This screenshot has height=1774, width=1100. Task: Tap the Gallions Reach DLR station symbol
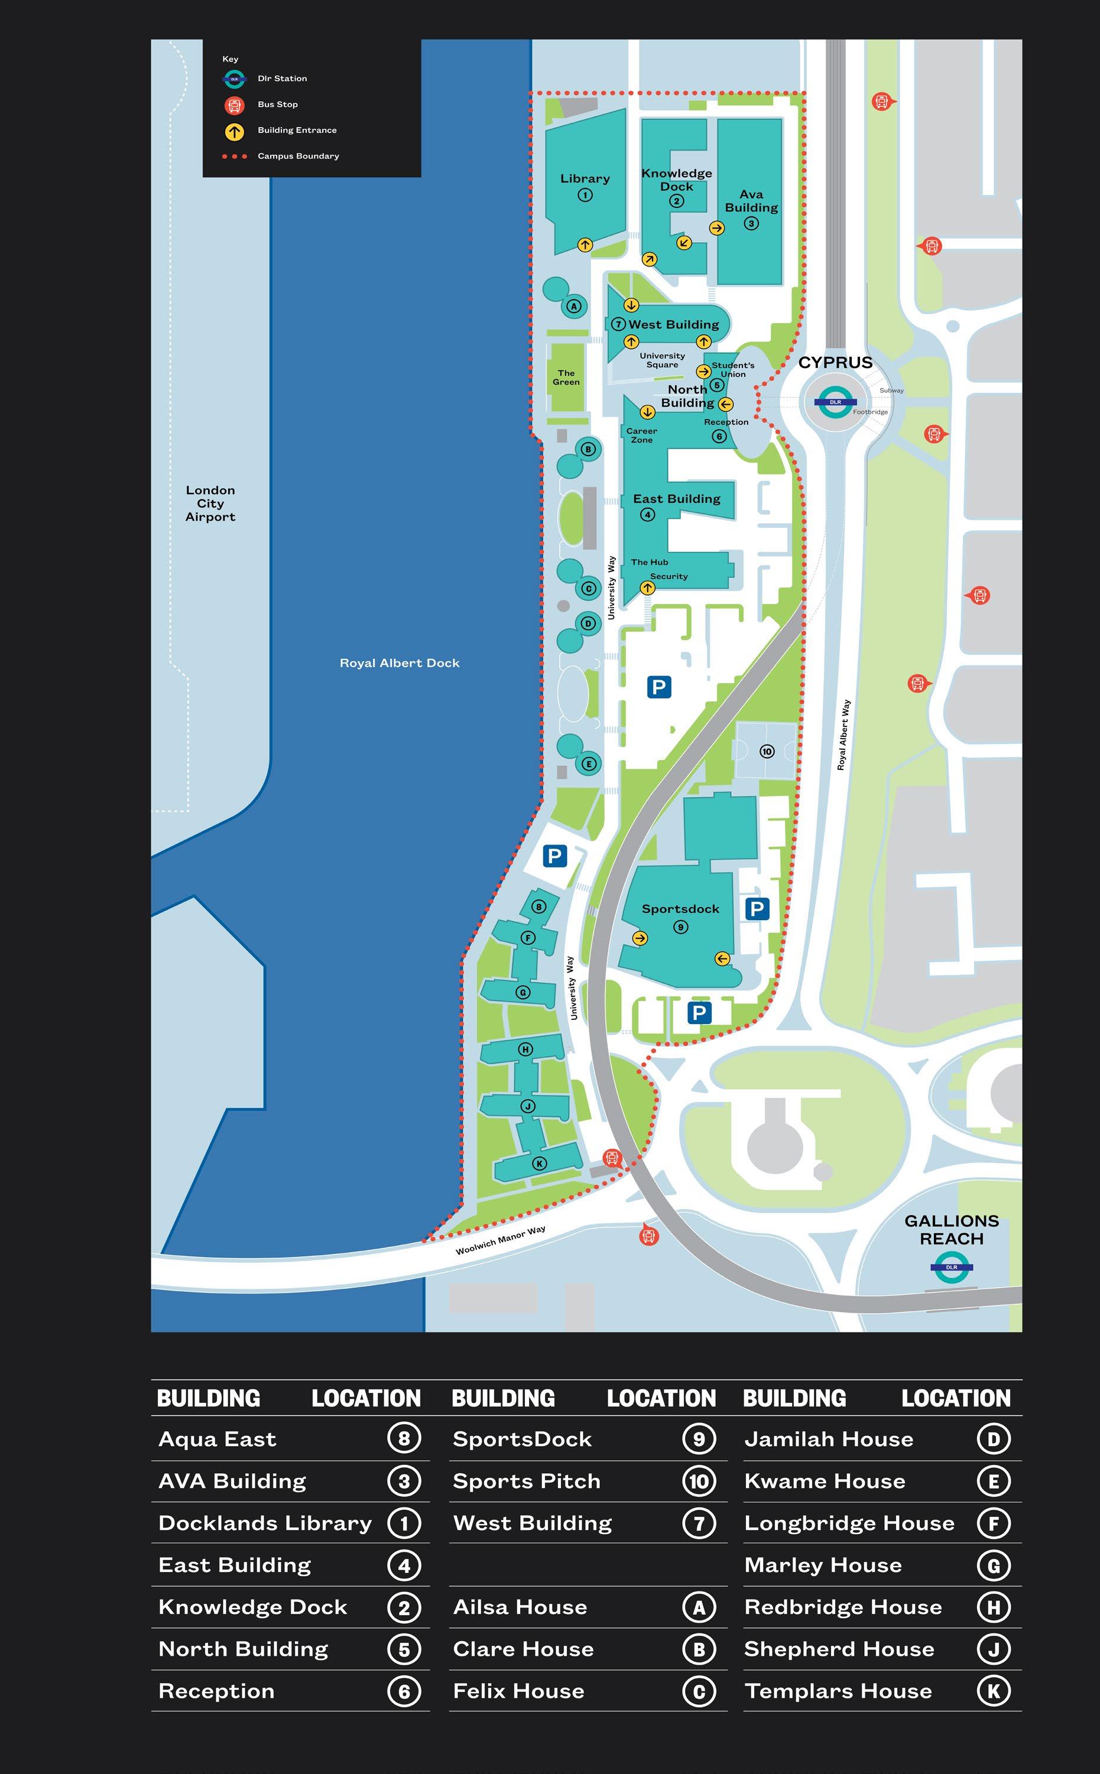click(x=951, y=1267)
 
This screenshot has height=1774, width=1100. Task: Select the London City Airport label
click(x=210, y=503)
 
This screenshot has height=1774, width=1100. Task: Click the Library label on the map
click(x=585, y=179)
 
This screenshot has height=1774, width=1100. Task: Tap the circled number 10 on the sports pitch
click(x=767, y=751)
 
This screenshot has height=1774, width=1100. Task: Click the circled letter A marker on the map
click(x=574, y=306)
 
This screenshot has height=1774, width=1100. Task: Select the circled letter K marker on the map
click(x=539, y=1163)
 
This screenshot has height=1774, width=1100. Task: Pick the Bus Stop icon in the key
click(x=233, y=105)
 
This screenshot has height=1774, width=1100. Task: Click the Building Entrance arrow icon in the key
click(x=233, y=132)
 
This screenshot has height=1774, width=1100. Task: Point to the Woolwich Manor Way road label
click(x=501, y=1241)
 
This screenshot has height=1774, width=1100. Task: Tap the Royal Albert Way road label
click(x=843, y=735)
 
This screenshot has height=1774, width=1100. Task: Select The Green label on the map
click(x=566, y=378)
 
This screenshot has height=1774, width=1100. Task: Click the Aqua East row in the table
click(x=218, y=1440)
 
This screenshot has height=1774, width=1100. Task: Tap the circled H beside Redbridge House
click(x=993, y=1607)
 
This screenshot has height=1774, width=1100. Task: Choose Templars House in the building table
click(x=838, y=1691)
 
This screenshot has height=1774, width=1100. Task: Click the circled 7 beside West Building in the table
click(x=699, y=1523)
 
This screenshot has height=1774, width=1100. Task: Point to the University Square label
click(x=662, y=360)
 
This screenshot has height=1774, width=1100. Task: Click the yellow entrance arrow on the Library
click(x=585, y=245)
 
